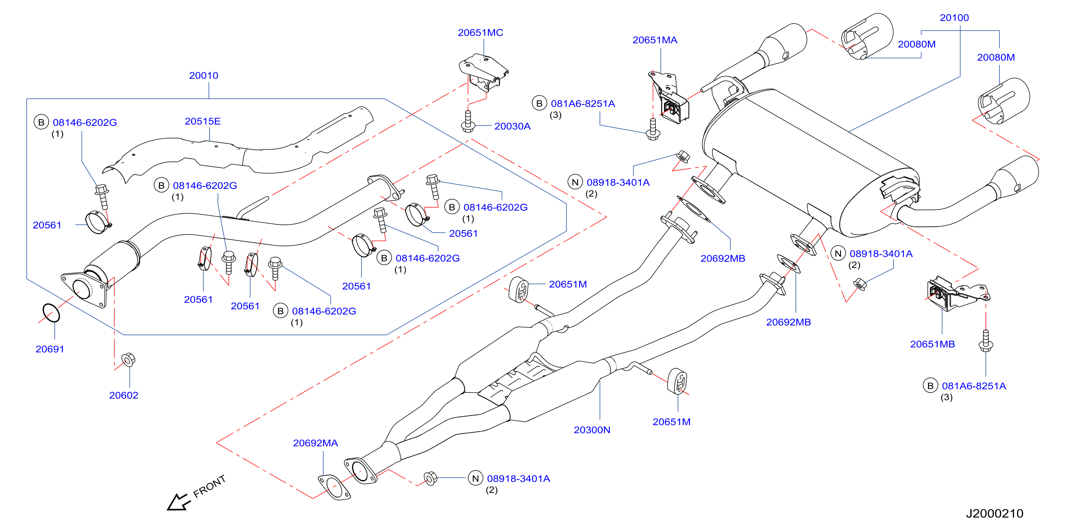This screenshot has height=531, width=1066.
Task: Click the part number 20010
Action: [x=204, y=75]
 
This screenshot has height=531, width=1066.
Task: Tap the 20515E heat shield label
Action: [x=202, y=121]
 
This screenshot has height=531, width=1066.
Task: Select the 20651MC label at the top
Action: [x=480, y=32]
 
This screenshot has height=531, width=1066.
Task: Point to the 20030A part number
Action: [x=512, y=126]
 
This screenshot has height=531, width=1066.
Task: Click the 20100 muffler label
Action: [x=954, y=18]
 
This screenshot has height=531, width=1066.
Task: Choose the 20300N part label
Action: [x=592, y=430]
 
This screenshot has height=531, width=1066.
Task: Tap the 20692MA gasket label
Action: [x=316, y=443]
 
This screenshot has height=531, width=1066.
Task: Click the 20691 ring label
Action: [x=50, y=349]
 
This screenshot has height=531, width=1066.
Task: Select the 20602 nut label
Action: [x=124, y=395]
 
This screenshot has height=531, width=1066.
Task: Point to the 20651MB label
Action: [x=932, y=344]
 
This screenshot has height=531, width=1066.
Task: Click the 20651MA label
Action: [x=655, y=40]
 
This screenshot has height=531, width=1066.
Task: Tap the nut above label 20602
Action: [x=128, y=359]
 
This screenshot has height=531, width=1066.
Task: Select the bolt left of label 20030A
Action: [x=468, y=121]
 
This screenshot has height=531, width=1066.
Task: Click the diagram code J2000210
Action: [x=994, y=513]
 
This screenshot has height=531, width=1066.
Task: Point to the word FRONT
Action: [x=209, y=486]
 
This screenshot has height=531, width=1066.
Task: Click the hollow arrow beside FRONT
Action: [x=179, y=502]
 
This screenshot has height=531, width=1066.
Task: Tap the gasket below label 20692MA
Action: [x=334, y=487]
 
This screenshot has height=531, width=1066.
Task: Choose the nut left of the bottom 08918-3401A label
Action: [x=430, y=478]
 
